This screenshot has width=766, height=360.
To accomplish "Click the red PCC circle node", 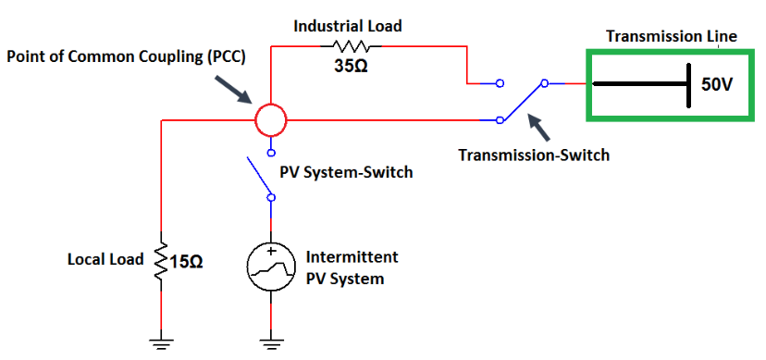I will point(270,119).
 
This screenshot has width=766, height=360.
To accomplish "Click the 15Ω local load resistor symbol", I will point(162,260).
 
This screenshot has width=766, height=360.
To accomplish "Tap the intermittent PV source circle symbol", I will point(270,267).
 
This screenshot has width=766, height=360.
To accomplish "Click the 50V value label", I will point(716,84).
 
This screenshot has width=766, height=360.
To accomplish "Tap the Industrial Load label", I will point(348,26).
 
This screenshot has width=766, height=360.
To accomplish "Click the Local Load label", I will point(105,259).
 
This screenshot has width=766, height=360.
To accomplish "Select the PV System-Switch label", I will point(346,172).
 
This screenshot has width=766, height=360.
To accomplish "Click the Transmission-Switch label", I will point(534,155).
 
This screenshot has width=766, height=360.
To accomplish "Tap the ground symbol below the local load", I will point(162,340).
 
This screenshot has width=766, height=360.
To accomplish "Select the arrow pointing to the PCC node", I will point(236,89).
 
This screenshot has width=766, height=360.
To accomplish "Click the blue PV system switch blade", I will point(259,177).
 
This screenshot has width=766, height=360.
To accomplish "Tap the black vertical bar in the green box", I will point(688,84).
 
